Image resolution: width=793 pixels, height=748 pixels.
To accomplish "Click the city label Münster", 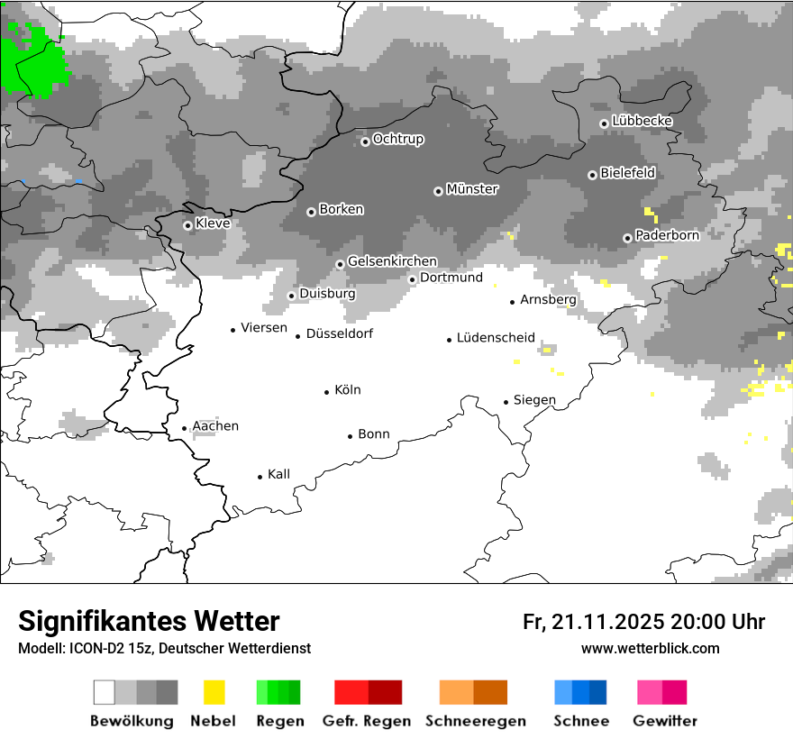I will [472, 189].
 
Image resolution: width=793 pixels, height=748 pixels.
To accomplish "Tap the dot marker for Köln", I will [327, 392].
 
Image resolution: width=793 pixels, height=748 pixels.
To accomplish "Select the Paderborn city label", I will [667, 235].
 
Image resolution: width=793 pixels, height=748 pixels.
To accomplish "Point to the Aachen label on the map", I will [215, 426].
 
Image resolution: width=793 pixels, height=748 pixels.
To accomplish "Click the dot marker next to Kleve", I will [187, 225].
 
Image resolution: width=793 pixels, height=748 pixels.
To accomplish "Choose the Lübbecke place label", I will [642, 121].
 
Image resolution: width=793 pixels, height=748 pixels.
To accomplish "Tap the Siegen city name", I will [534, 400].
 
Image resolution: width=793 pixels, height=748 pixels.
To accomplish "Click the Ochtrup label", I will [397, 140].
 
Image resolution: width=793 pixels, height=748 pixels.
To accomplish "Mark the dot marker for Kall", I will [260, 477].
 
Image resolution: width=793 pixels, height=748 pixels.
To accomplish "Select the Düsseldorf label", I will [340, 333].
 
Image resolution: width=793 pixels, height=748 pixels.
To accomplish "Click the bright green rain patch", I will [32, 61].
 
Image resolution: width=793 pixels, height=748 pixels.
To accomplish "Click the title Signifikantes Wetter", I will [149, 621].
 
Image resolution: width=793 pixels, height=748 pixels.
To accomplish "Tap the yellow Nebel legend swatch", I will [214, 692].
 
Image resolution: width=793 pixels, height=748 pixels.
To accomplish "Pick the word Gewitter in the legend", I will [665, 721].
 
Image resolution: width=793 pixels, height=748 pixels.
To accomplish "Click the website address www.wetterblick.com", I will [650, 648].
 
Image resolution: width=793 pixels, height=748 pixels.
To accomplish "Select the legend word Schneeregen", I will [474, 721].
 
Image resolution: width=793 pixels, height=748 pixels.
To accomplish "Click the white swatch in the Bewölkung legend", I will [105, 692].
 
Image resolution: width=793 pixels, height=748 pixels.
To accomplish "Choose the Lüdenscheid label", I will [496, 338].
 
